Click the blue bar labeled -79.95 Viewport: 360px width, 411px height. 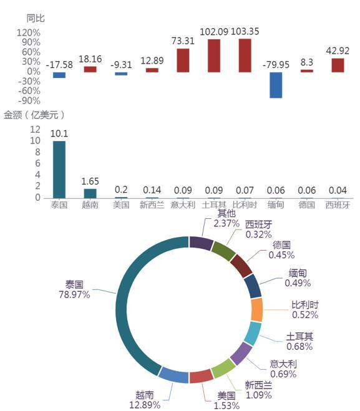pyautogui.click(x=276, y=85)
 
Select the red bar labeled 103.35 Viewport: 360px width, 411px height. pyautogui.click(x=245, y=56)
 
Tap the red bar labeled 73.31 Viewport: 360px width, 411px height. pyautogui.click(x=183, y=60)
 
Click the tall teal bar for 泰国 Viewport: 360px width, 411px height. pyautogui.click(x=59, y=170)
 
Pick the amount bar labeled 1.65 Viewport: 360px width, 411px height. pyautogui.click(x=90, y=193)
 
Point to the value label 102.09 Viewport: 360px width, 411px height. pyautogui.click(x=214, y=32)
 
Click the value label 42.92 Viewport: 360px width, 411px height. pyautogui.click(x=338, y=51)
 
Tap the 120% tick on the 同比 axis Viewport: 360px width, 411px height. pyautogui.click(x=29, y=33)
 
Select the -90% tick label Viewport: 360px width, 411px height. pyautogui.click(x=29, y=100)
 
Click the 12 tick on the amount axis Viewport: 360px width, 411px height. pyautogui.click(x=35, y=129)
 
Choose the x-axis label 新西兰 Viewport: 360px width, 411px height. pyautogui.click(x=152, y=205)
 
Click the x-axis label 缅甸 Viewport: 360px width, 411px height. pyautogui.click(x=276, y=205)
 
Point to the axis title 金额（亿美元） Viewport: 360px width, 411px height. pyautogui.click(x=34, y=115)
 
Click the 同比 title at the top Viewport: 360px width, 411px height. pyautogui.click(x=36, y=18)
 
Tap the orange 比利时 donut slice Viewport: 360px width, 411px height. pyautogui.click(x=256, y=310)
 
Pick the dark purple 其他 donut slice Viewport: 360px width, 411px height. pyautogui.click(x=200, y=243)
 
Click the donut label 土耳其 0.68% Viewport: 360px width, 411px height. pyautogui.click(x=299, y=341)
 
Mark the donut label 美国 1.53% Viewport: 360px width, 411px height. pyautogui.click(x=226, y=400)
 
